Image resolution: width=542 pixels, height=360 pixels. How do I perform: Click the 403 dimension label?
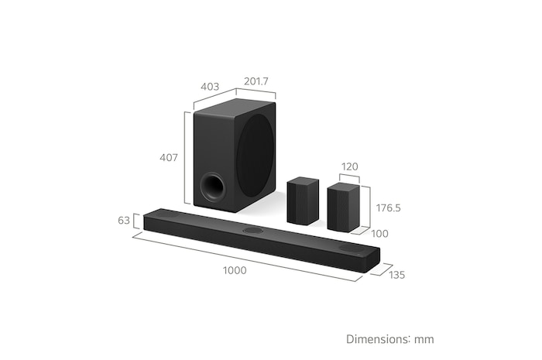(x=210, y=87)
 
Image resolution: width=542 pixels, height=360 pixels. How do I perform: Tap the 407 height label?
(x=169, y=158)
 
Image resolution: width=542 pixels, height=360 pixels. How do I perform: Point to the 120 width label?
(x=350, y=166)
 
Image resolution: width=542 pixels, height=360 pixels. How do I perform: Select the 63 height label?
(x=124, y=221)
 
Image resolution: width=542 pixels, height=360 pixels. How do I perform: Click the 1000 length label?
(x=235, y=270)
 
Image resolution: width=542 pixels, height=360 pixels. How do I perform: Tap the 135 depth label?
(x=396, y=274)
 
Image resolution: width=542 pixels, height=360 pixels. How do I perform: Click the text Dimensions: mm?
(x=389, y=339)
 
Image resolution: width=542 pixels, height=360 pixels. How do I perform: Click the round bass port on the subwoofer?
(x=211, y=187)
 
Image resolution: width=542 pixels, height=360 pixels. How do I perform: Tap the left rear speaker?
(x=303, y=201)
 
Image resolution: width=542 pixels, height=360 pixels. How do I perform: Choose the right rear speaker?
(x=343, y=207)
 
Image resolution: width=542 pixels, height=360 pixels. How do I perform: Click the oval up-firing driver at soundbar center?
(x=254, y=231)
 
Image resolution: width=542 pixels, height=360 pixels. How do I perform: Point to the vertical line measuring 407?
(x=185, y=158)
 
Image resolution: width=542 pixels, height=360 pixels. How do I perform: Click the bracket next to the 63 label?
(x=136, y=221)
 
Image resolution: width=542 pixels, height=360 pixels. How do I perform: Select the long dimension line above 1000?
(x=244, y=258)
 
